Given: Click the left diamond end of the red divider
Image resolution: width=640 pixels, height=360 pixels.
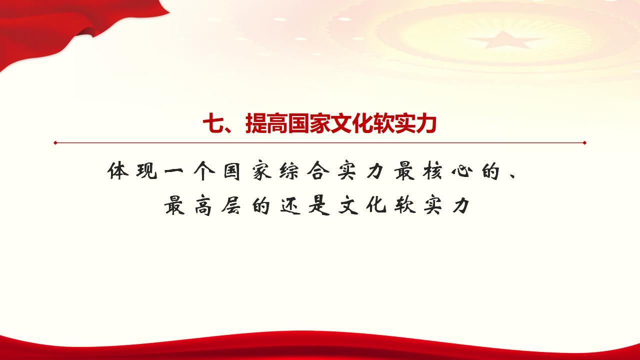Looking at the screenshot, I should tap(55, 142).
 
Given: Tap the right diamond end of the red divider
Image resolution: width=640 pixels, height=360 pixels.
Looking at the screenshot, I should tap(584, 142).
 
